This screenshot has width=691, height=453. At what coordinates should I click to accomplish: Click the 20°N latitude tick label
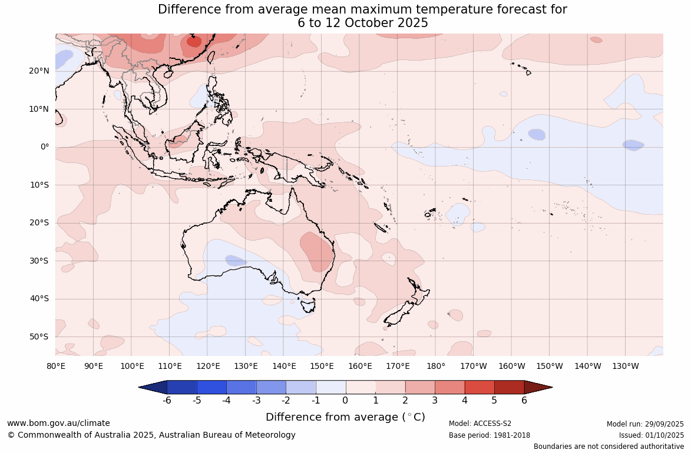coord(39,71)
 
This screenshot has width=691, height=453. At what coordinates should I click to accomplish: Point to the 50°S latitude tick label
coord(39,337)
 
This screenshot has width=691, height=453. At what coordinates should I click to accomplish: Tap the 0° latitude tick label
coord(45,147)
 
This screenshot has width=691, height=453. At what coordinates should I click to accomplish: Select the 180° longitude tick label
coord(436,366)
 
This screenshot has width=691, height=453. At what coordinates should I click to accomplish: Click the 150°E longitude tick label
coord(322,366)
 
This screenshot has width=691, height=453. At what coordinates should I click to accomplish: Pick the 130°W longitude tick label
coord(626,366)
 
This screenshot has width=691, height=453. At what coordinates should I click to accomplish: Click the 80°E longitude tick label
coord(56,366)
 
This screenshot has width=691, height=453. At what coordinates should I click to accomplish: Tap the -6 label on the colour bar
coord(167,401)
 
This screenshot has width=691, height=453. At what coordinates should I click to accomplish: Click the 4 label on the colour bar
coord(465,401)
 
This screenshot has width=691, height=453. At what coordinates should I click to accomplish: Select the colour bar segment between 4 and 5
coord(480,387)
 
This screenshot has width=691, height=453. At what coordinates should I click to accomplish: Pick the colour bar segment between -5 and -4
coord(211,387)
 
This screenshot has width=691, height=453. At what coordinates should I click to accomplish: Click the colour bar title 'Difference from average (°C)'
coord(345,417)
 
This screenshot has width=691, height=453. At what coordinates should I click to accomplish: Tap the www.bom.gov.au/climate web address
coord(58,423)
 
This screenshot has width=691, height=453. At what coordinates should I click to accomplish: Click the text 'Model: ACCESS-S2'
coord(480,424)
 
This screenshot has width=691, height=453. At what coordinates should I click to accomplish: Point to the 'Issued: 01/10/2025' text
coord(651,435)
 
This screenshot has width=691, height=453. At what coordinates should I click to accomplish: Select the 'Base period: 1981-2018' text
coord(490,435)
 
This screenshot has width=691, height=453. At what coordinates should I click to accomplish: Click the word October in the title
coord(371,23)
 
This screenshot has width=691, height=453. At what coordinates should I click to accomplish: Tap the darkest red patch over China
coord(194,41)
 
